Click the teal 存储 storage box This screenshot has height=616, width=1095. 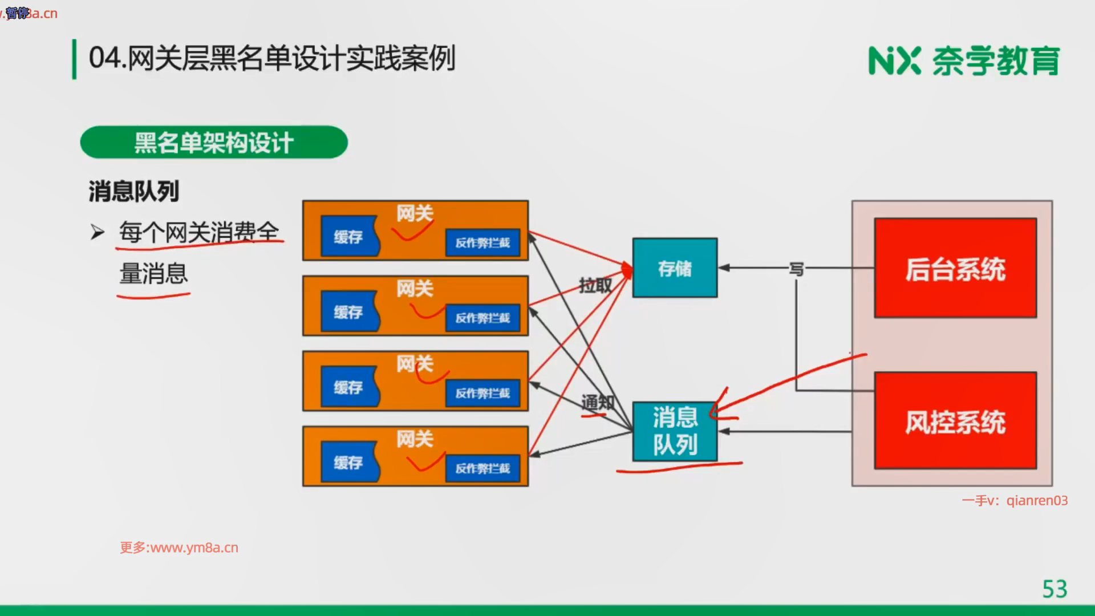(675, 268)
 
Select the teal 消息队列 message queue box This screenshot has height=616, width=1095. (675, 432)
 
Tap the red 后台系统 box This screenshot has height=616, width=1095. (955, 268)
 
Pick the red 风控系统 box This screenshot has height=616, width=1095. (955, 421)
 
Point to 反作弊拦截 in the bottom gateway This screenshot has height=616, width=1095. (482, 468)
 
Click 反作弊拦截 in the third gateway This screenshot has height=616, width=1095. (482, 393)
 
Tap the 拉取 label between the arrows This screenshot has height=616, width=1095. (595, 285)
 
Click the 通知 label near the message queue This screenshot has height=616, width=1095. (597, 403)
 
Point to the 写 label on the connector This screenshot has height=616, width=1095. (796, 269)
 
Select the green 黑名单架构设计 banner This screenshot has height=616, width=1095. (214, 143)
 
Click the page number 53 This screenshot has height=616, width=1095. (1055, 589)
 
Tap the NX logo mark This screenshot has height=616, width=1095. (894, 60)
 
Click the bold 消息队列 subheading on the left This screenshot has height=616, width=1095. (134, 191)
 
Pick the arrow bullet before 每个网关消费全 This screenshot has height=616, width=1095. (98, 233)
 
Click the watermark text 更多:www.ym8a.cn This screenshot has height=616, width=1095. (179, 548)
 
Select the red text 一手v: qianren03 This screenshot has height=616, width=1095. (1015, 500)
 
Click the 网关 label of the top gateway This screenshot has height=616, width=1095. (415, 213)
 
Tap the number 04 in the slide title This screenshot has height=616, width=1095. (104, 59)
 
